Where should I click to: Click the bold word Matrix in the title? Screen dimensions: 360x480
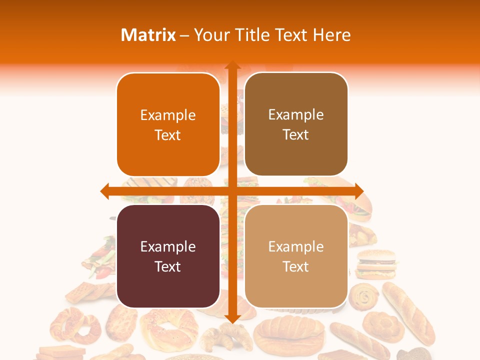148,35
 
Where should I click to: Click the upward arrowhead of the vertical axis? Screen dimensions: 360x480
232,66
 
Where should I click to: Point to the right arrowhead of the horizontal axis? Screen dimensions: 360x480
358,191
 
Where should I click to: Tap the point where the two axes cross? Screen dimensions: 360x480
232,191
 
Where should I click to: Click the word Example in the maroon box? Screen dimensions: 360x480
168,247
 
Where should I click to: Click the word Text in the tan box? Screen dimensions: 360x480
296,266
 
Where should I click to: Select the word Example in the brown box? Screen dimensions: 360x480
296,115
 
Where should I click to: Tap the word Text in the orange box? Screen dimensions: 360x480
168,135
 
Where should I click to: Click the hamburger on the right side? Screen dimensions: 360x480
376,264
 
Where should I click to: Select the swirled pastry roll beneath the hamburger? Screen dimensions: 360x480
365,297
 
